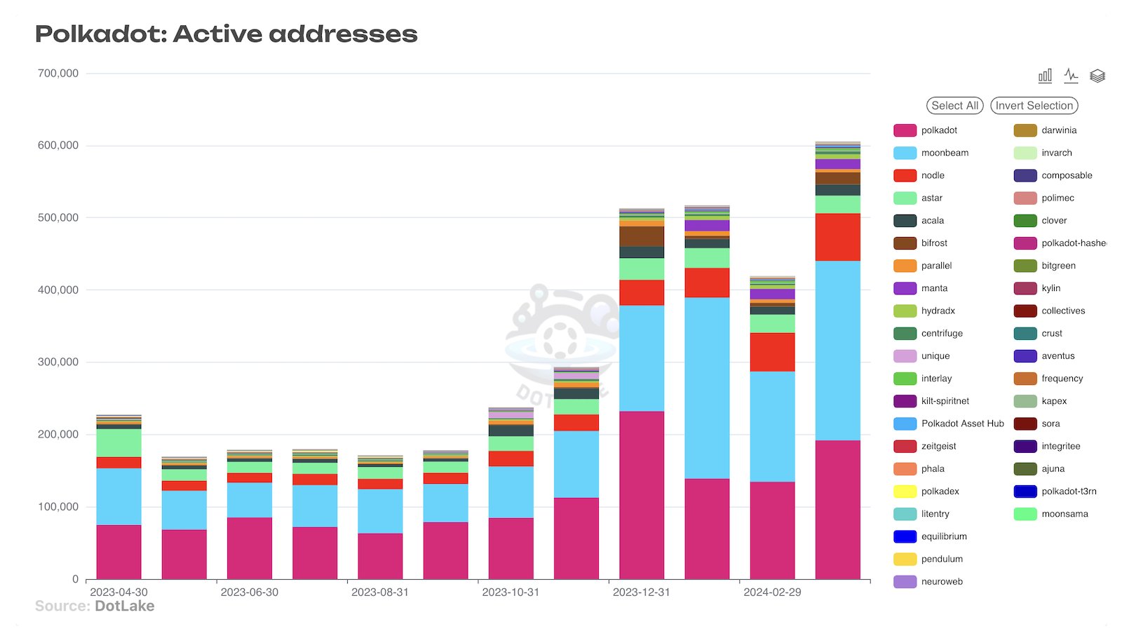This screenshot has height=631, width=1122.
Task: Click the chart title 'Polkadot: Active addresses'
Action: [226, 34]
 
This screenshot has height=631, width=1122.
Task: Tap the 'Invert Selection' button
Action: [1034, 106]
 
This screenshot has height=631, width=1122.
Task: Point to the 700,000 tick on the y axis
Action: [58, 74]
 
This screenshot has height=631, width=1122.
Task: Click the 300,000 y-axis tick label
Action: [58, 362]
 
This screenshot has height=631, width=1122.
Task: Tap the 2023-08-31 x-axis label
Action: [379, 592]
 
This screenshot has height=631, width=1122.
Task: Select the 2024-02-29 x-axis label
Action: [772, 592]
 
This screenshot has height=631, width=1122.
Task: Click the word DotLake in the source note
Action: [124, 606]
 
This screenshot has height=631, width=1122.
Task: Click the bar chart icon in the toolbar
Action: [1045, 76]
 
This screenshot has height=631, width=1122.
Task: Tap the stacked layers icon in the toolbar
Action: [1097, 76]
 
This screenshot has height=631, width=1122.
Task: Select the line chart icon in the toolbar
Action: [1071, 76]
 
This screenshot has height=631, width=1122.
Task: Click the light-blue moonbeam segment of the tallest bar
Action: [837, 351]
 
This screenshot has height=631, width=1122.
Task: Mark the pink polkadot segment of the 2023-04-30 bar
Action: [119, 552]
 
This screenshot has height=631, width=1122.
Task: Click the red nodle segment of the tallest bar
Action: [837, 237]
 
